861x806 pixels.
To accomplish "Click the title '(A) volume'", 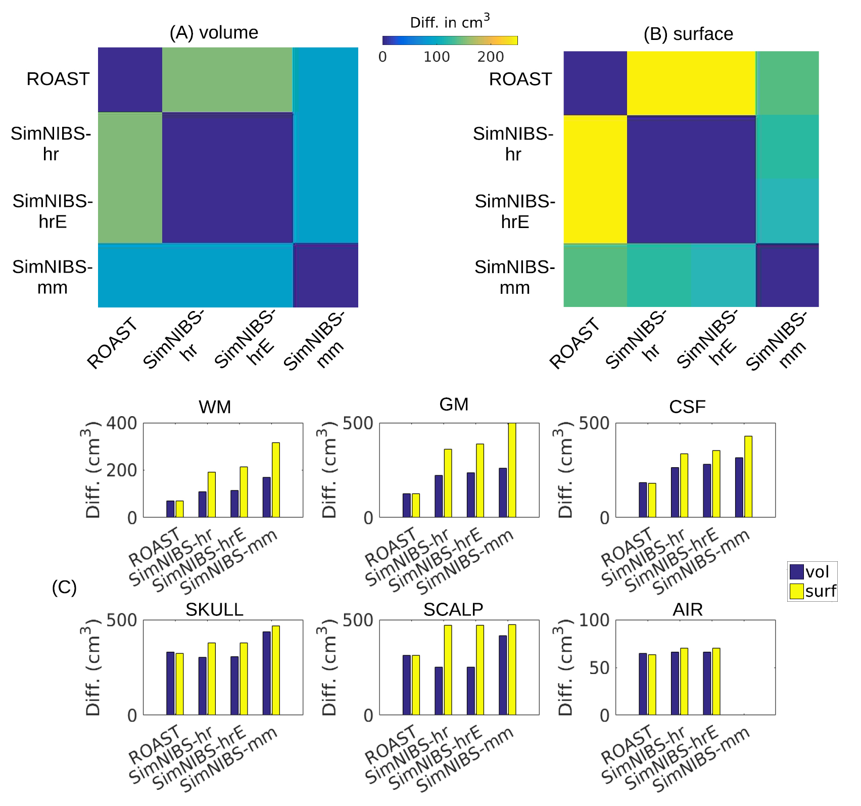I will tap(214, 33).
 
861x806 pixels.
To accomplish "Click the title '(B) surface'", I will tap(688, 34).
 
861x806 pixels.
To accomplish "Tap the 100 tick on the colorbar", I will tap(437, 57).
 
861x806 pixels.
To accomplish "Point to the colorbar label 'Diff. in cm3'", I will tap(449, 22).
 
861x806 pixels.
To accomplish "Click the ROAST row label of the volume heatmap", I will tap(58, 79).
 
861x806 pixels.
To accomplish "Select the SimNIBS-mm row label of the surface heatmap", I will tap(514, 277).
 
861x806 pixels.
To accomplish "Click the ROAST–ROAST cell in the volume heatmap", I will tap(130, 79).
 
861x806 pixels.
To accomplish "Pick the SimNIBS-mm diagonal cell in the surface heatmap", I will tap(787, 276).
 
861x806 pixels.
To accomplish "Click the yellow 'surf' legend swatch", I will tap(797, 591).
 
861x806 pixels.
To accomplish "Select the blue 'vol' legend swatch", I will tap(797, 572).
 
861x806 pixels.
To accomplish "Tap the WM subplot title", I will tap(215, 407).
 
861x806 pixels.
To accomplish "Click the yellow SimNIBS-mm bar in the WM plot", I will tap(276, 480).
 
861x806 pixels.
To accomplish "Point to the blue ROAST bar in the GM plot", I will tap(406, 505).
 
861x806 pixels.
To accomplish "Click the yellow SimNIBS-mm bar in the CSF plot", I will tap(748, 476).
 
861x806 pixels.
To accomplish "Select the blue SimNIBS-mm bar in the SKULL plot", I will tap(266, 673).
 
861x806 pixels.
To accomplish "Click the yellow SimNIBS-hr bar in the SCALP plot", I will tap(448, 670).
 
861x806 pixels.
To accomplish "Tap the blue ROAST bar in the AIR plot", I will tap(643, 684).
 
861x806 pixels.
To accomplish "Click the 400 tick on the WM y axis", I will tap(121, 423).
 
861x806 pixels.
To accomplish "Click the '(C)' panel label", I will tap(64, 588).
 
